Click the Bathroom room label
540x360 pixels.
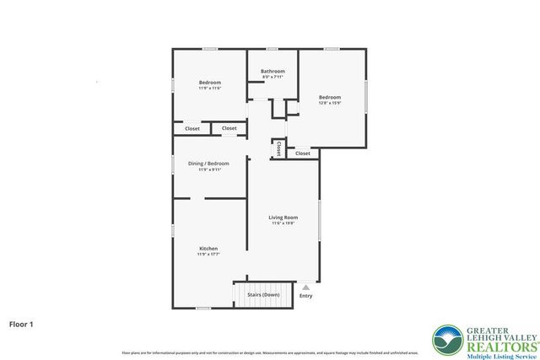click(x=273, y=72)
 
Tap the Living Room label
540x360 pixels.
click(x=284, y=218)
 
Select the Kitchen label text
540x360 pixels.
click(x=208, y=249)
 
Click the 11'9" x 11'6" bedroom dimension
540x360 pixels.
click(x=209, y=88)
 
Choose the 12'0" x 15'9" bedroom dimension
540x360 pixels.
click(x=329, y=104)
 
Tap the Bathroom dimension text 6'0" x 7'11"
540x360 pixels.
click(x=273, y=78)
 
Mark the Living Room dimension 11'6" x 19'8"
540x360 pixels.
click(x=284, y=223)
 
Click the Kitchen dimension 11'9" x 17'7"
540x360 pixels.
click(x=208, y=255)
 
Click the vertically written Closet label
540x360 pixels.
click(x=278, y=148)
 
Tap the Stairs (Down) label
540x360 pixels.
click(x=263, y=295)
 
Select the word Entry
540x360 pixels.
click(x=305, y=296)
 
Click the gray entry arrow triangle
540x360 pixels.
click(x=305, y=287)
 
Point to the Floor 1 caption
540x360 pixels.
click(x=22, y=323)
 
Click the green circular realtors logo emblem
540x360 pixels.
click(x=446, y=340)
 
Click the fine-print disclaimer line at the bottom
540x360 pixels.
click(x=270, y=352)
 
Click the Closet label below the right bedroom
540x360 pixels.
click(x=302, y=153)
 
